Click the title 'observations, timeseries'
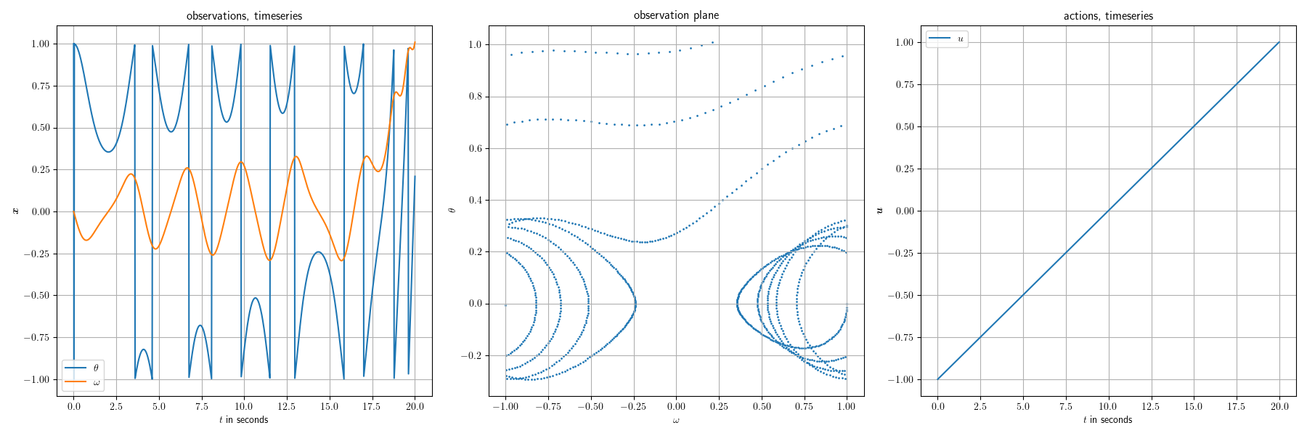tap(244, 16)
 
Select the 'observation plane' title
tap(676, 15)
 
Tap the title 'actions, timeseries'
tap(1108, 16)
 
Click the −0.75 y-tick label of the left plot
tap(36, 338)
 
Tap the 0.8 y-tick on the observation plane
tap(475, 97)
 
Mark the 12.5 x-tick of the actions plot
tap(1151, 407)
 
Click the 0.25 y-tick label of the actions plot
tap(904, 169)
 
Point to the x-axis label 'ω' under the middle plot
tap(676, 421)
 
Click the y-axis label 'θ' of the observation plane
tap(452, 210)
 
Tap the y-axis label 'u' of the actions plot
tap(880, 210)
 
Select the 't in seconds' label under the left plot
tap(244, 420)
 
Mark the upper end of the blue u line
tap(1279, 42)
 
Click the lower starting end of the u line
tap(937, 379)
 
